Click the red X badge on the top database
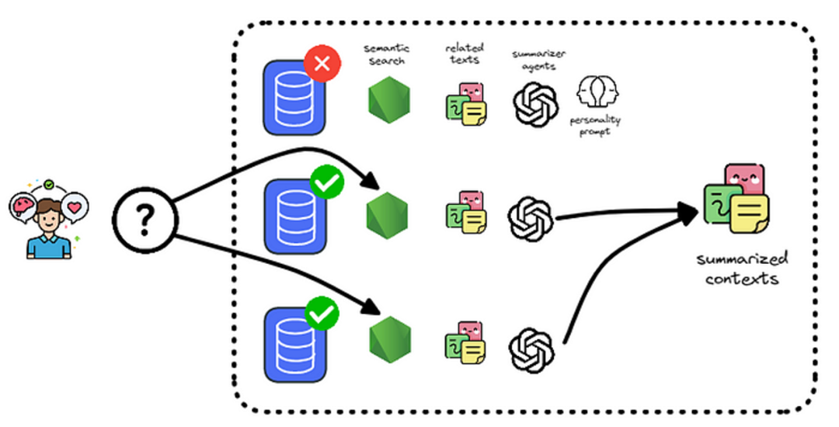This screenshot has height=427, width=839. click(x=322, y=64)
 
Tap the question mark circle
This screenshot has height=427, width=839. click(x=144, y=219)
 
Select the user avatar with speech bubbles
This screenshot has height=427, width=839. click(x=49, y=220)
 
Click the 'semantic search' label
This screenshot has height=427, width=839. click(x=386, y=54)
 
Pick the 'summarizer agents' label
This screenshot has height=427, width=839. click(x=539, y=60)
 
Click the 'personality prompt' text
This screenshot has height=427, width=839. click(x=595, y=125)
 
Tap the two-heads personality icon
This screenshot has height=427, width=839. click(x=597, y=91)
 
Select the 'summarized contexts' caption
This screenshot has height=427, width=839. click(x=742, y=269)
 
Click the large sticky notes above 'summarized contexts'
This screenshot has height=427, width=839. click(x=736, y=198)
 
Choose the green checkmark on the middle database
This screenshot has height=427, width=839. click(x=327, y=182)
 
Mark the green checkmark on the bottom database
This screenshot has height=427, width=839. click(x=322, y=313)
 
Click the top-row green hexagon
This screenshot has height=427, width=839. click(x=389, y=100)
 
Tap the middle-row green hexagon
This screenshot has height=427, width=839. click(x=388, y=215)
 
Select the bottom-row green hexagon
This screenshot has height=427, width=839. click(x=390, y=339)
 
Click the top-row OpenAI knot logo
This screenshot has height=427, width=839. click(x=536, y=104)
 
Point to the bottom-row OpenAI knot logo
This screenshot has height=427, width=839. click(x=531, y=350)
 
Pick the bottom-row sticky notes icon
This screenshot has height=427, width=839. click(x=466, y=342)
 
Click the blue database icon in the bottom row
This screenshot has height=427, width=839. click(x=295, y=345)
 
